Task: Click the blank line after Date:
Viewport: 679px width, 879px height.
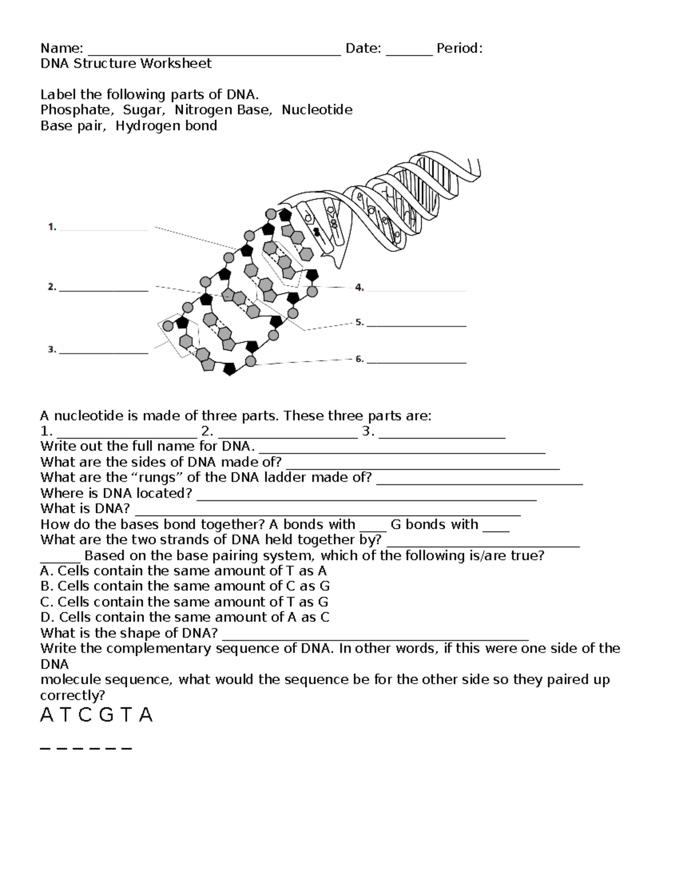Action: click(x=409, y=52)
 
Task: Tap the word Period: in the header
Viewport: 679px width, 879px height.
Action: click(x=459, y=49)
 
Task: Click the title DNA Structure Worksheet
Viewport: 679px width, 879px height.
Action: click(x=126, y=63)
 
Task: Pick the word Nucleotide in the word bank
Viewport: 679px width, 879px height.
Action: click(x=317, y=110)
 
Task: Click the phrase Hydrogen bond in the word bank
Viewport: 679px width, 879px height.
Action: click(x=166, y=126)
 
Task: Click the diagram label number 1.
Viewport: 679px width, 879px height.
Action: click(x=52, y=227)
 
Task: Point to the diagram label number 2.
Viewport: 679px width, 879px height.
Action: click(x=52, y=287)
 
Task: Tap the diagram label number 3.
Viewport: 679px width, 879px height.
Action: click(x=52, y=350)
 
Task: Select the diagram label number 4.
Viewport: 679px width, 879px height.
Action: click(x=359, y=288)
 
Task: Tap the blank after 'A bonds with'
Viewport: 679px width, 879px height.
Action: click(x=372, y=528)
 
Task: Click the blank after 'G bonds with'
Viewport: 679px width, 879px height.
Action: click(x=497, y=528)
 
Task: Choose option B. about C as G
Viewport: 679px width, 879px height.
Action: click(x=185, y=586)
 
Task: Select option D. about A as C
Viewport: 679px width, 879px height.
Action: click(x=185, y=618)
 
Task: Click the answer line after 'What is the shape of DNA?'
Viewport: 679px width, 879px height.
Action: click(x=375, y=636)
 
